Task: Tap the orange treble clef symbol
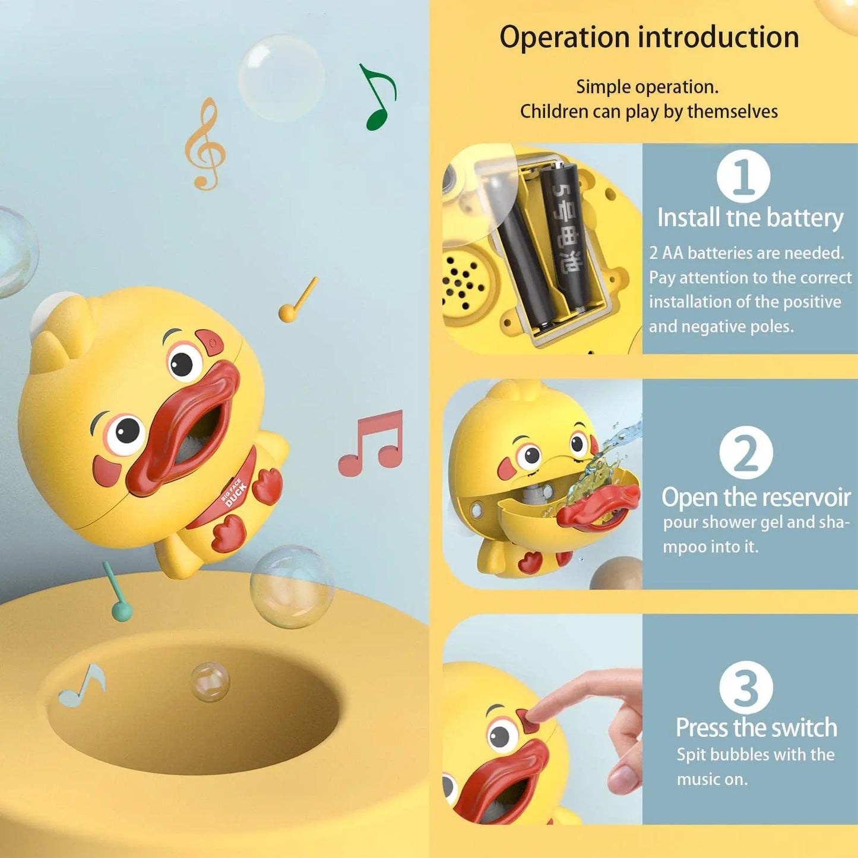pyautogui.click(x=205, y=145)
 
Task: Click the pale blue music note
pyautogui.click(x=83, y=686)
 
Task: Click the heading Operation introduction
pyautogui.click(x=648, y=37)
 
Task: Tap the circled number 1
pyautogui.click(x=743, y=176)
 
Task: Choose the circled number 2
pyautogui.click(x=746, y=452)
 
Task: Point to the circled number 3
pyautogui.click(x=746, y=688)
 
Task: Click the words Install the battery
pyautogui.click(x=750, y=218)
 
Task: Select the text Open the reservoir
pyautogui.click(x=756, y=497)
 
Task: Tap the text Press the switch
pyautogui.click(x=756, y=728)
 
